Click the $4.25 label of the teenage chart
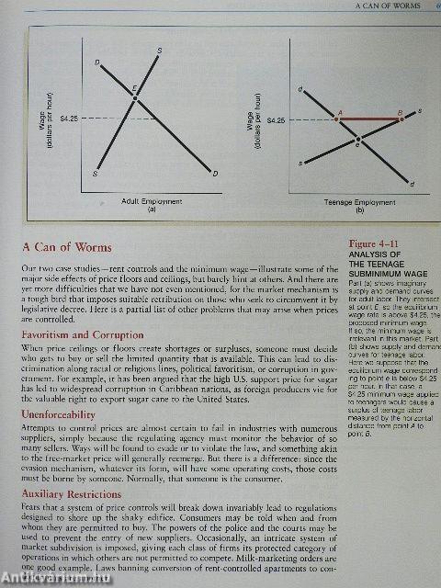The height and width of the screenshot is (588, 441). tap(275, 119)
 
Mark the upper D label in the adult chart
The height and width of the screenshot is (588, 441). tap(97, 62)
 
